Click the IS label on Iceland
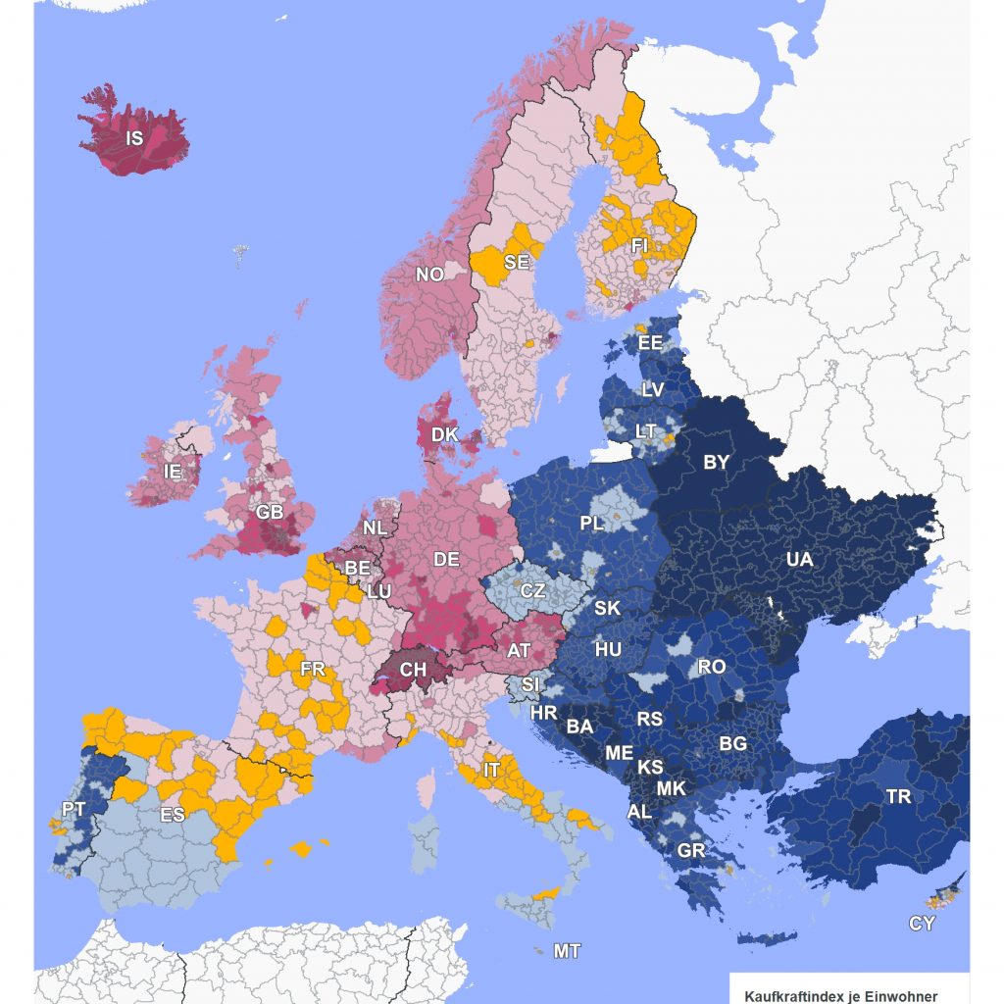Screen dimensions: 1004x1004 [x=134, y=139]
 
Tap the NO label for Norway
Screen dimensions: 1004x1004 [x=429, y=275]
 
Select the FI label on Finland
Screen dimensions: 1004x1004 [x=640, y=245]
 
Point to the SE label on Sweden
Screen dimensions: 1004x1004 [x=517, y=263]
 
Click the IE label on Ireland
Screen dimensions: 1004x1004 [x=173, y=472]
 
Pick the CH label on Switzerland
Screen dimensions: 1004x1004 [x=413, y=670]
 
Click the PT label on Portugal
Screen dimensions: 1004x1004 [x=74, y=809]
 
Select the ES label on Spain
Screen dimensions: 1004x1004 [x=172, y=815]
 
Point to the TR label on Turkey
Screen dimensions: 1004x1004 [x=898, y=796]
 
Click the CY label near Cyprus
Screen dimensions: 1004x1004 [x=922, y=924]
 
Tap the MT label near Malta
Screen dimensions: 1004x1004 [x=567, y=951]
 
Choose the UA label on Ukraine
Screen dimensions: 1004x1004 [x=799, y=559]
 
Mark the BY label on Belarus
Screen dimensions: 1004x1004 [x=716, y=462]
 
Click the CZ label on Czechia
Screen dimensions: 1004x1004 [x=532, y=591]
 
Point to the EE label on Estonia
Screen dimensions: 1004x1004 [x=650, y=343]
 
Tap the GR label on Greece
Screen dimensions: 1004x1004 [x=691, y=850]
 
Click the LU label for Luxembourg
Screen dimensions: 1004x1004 [x=378, y=592]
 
